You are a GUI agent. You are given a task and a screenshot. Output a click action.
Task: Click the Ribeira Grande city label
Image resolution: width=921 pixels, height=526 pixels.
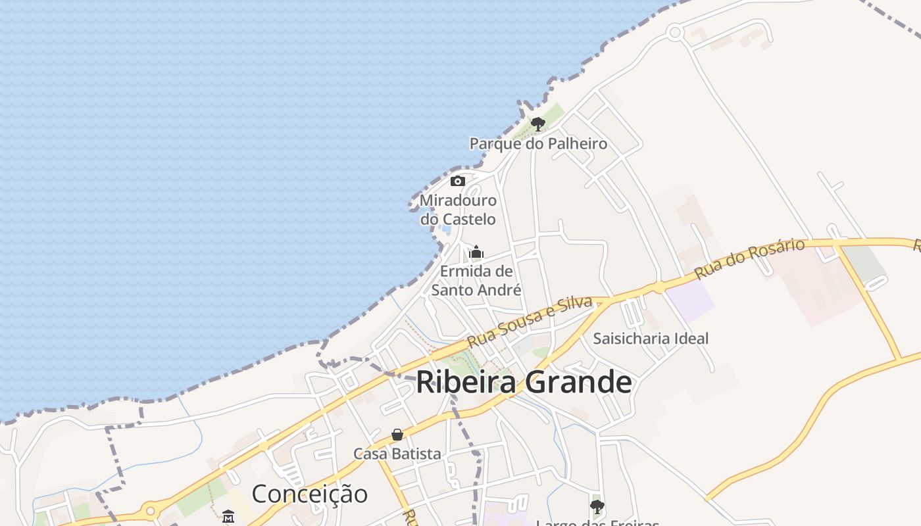524,382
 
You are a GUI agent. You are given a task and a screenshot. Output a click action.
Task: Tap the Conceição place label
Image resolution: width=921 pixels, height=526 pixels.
309,494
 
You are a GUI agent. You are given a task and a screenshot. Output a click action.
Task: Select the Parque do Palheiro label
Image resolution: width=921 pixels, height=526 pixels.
538,143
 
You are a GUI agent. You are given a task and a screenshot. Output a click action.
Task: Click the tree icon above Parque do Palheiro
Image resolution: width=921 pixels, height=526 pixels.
538,124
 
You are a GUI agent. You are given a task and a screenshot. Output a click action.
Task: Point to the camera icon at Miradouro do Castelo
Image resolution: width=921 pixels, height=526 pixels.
458,181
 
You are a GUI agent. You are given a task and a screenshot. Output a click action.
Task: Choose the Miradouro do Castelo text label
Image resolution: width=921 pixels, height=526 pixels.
458,209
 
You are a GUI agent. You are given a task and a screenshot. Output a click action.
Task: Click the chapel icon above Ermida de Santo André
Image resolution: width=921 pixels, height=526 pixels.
476,252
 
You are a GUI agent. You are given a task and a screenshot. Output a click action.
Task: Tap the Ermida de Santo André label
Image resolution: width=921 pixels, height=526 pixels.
476,280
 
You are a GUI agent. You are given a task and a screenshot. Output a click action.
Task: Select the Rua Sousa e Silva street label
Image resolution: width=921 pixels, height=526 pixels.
530,322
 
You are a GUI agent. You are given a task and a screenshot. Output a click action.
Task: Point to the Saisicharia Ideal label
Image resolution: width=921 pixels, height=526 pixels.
651,339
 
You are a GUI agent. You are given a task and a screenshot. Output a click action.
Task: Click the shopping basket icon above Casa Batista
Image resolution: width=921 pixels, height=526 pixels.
397,435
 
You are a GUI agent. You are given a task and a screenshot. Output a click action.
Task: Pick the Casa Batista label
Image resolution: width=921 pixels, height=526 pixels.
397,454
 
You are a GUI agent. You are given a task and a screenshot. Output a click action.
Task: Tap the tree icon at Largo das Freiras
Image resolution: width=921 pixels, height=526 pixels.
597,506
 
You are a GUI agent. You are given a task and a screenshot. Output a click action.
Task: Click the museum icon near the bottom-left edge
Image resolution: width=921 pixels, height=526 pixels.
228,516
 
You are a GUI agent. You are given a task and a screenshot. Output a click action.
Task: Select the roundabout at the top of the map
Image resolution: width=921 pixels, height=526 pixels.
674,32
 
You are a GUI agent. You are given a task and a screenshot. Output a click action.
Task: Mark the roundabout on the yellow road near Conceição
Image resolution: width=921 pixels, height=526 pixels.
151,510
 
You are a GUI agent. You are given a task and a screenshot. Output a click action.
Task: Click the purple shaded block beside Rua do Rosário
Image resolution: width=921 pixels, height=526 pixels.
691,301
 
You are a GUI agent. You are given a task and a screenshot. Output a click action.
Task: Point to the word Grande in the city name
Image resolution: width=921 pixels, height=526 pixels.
579,382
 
